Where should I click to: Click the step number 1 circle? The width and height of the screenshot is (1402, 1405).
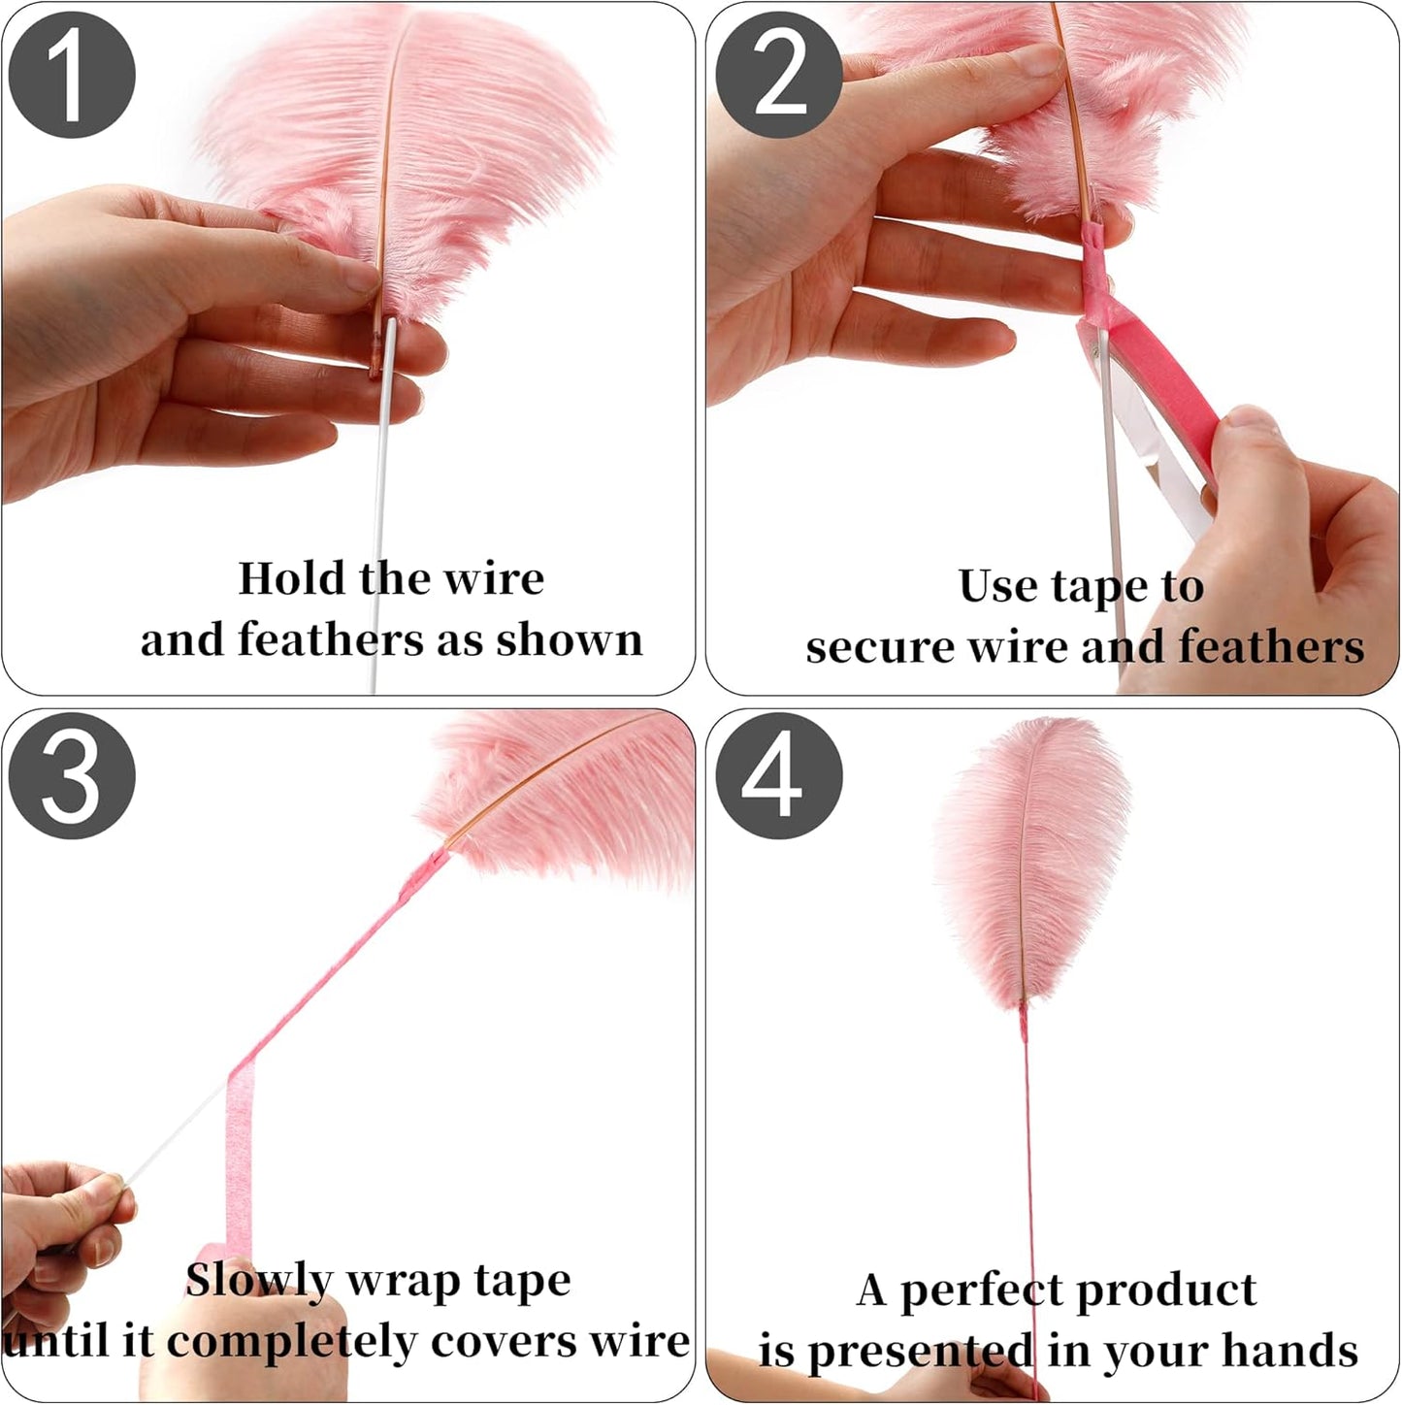click(x=72, y=76)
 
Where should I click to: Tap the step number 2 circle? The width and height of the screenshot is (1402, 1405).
click(x=778, y=76)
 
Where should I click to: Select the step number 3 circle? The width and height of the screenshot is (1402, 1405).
click(x=72, y=776)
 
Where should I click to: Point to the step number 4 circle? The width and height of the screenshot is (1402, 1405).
click(x=778, y=776)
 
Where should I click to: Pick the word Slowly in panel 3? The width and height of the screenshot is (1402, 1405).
click(x=259, y=1282)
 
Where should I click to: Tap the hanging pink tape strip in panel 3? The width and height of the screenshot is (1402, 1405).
click(x=239, y=1155)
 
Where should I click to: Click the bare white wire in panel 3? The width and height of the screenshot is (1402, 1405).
click(x=175, y=1135)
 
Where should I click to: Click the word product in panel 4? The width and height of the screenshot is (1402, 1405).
click(x=1165, y=1291)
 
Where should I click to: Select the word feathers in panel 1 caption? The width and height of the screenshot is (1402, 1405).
click(x=330, y=640)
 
